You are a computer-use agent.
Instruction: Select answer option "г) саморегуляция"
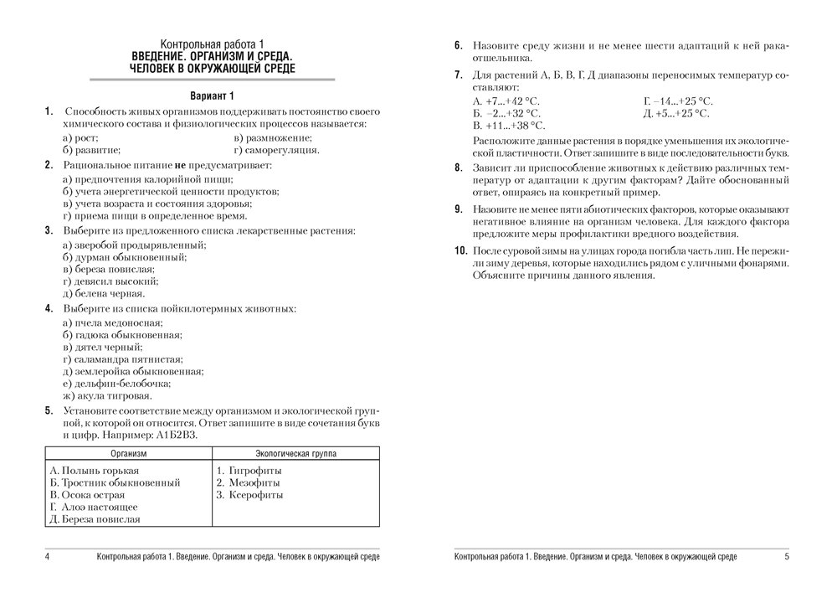coord(277,151)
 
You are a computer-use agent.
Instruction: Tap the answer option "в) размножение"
coord(274,137)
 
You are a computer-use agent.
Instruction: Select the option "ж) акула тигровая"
coord(107,395)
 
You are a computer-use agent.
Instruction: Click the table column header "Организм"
coord(128,453)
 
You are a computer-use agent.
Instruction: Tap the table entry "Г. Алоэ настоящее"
coord(94,507)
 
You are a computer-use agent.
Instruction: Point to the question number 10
coord(460,250)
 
